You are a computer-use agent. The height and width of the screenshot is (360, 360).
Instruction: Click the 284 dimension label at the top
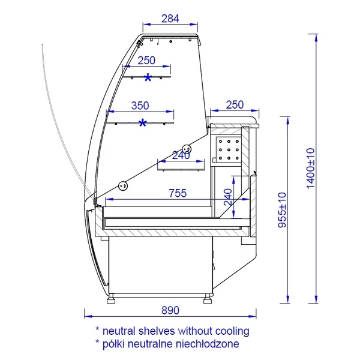[x=170, y=19]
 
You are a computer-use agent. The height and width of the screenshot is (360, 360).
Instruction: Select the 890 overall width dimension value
[x=170, y=310]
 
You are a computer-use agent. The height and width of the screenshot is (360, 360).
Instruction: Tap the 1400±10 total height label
[x=310, y=169]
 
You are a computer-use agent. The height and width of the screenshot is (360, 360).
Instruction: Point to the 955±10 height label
[x=282, y=210]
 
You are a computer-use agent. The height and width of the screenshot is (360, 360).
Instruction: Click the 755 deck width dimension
[x=178, y=193]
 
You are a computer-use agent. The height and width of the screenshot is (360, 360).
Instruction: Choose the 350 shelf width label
[x=140, y=106]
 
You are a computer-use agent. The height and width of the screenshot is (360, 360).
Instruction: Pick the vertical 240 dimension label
[x=228, y=197]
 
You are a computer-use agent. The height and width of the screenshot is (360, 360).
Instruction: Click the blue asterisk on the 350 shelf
[x=143, y=123]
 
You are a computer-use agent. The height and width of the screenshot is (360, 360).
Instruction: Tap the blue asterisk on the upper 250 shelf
[x=148, y=77]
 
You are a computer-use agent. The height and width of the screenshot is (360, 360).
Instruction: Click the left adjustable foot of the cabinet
[x=111, y=299]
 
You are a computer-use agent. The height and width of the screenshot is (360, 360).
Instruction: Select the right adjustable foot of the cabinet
[x=208, y=299]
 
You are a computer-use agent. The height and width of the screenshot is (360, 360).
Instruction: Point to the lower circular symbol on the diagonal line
[x=123, y=185]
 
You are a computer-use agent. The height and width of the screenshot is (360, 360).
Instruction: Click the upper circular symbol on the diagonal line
[x=187, y=149]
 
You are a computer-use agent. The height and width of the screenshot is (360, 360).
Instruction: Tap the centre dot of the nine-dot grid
[x=229, y=150]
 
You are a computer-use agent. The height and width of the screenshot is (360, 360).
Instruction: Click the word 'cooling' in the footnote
[x=232, y=332]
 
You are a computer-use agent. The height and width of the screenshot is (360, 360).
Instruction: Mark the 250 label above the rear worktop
[x=235, y=105]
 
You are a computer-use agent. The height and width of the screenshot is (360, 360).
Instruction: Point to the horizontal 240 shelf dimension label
[x=181, y=155]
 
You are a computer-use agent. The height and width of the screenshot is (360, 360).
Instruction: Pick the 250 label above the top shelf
[x=146, y=61]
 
